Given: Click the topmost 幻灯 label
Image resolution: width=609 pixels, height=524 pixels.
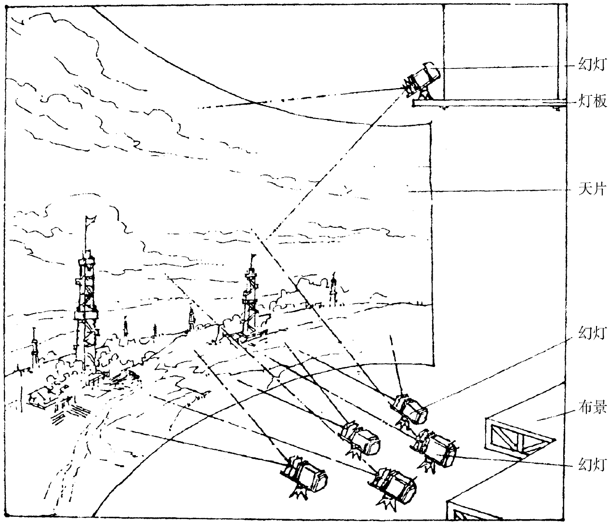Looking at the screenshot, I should coord(592,64).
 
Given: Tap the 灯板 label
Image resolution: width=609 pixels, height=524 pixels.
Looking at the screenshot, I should coord(592,102).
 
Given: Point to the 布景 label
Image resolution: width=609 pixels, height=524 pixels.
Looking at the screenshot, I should coord(592,407).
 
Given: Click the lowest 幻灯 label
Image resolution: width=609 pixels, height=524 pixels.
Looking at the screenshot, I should coord(592,465).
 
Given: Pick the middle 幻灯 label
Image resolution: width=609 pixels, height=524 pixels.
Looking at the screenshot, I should coord(592,333).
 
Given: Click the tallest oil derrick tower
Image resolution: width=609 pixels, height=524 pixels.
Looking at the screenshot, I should coord(86,308).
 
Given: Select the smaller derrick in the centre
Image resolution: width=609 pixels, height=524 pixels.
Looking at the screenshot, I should coord(250,303).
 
